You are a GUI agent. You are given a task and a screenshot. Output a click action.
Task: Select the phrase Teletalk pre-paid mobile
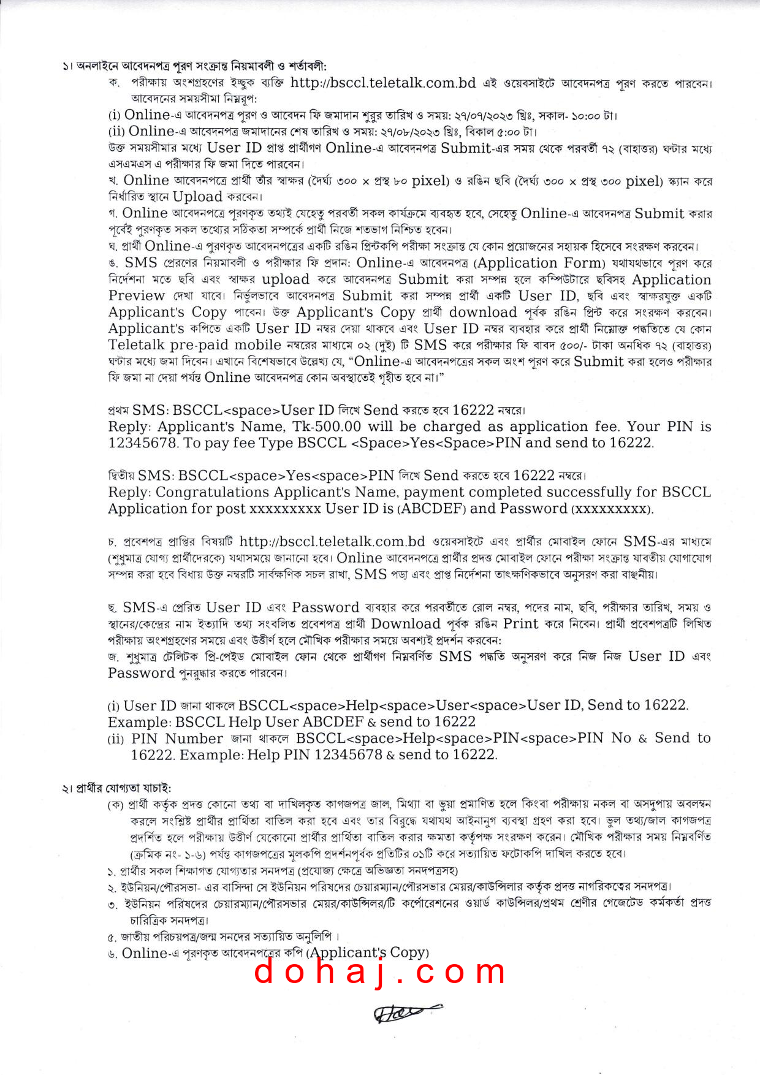(194, 345)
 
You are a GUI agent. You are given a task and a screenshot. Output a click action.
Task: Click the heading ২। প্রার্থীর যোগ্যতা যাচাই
(116, 788)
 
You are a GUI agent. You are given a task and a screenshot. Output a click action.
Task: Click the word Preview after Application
(137, 296)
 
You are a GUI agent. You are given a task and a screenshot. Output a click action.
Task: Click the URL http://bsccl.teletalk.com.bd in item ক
(383, 83)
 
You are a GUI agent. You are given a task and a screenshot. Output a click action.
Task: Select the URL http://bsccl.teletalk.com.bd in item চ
(332, 542)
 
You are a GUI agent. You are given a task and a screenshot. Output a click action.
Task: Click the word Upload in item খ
(197, 197)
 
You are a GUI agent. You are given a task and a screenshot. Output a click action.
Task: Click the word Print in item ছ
(520, 624)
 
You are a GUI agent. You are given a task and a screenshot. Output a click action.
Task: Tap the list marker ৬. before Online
(112, 954)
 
